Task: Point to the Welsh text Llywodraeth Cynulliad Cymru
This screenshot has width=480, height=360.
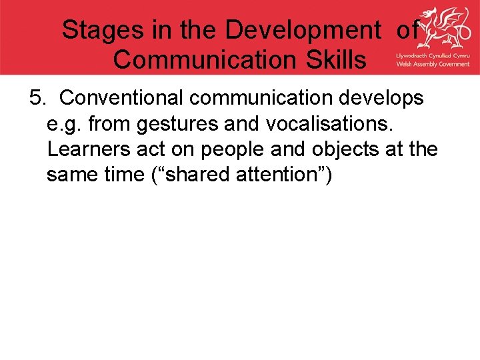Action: point(432,55)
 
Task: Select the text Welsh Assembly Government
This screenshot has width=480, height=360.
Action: point(432,64)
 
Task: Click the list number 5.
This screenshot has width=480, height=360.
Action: point(37,98)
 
